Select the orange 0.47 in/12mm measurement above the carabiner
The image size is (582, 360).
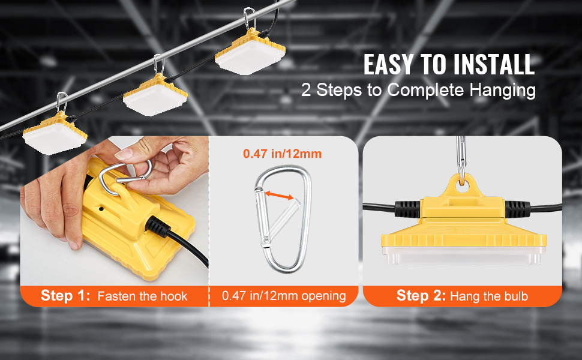click(x=282, y=154)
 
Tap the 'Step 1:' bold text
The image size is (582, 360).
click(x=65, y=296)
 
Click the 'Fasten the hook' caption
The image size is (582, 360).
click(x=143, y=296)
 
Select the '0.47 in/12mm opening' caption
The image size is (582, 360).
click(x=284, y=296)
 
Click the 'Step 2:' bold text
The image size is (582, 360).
click(x=421, y=296)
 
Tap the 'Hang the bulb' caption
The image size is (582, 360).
click(x=489, y=296)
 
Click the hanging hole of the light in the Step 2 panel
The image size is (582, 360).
click(x=462, y=187)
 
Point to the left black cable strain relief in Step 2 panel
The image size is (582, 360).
click(x=407, y=209)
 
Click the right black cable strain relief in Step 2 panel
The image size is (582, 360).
click(x=517, y=209)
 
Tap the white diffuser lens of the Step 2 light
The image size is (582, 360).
click(x=464, y=256)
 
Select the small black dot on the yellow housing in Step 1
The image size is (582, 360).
click(x=101, y=209)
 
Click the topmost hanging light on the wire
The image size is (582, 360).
click(x=251, y=50)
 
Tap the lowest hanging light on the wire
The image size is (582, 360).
click(x=55, y=134)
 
